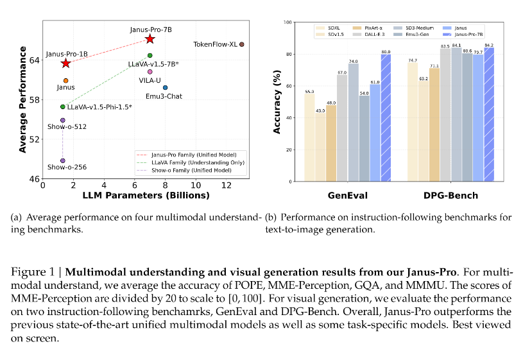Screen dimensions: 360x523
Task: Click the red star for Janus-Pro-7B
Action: tap(150, 39)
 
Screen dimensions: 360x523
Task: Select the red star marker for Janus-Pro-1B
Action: tap(65, 63)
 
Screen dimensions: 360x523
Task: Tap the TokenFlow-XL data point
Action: tap(241, 44)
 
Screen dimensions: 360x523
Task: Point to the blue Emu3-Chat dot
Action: tap(165, 87)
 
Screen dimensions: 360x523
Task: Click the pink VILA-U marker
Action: tap(150, 71)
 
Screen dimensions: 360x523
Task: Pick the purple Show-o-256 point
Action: tap(63, 160)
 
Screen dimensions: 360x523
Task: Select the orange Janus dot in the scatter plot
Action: tap(65, 80)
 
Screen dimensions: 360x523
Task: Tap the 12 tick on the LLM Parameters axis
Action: tap(226, 185)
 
